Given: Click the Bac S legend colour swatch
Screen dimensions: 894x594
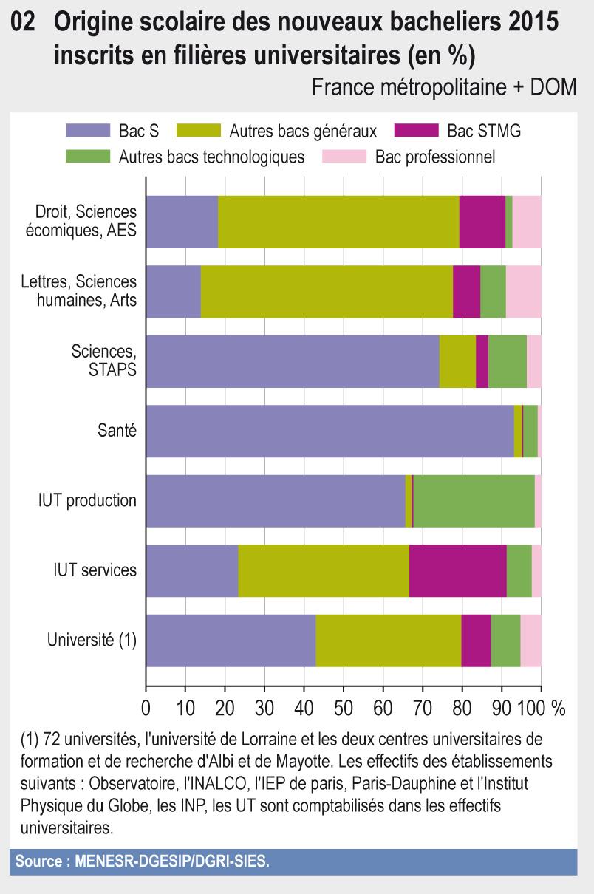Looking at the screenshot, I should pyautogui.click(x=87, y=132).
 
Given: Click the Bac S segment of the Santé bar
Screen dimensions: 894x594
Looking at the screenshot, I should pyautogui.click(x=330, y=431).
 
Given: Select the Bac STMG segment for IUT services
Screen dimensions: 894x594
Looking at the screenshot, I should pyautogui.click(x=458, y=570).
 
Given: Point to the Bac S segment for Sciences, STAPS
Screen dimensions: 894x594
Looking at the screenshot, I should pyautogui.click(x=293, y=361).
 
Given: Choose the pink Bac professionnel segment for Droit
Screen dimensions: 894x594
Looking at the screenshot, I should pyautogui.click(x=527, y=222).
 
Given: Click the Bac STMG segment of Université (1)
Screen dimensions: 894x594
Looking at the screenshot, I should pyautogui.click(x=476, y=640).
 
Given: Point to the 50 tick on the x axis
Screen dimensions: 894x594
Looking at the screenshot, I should pyautogui.click(x=343, y=707).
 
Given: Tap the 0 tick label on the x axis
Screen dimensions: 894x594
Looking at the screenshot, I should pyautogui.click(x=146, y=707).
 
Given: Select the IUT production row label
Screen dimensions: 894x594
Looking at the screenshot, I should pyautogui.click(x=87, y=501).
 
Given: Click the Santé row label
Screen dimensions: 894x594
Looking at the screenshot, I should pyautogui.click(x=117, y=431).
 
